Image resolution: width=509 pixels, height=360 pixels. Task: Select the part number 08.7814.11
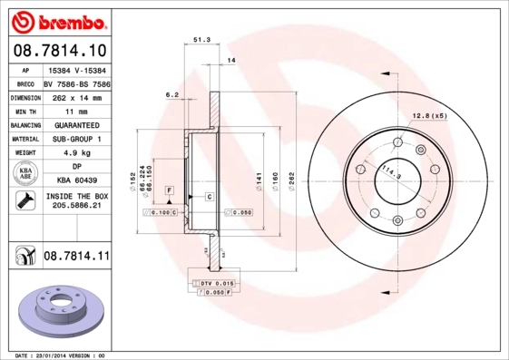pyautogui.click(x=76, y=258)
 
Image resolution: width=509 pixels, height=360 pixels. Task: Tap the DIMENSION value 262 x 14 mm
pyautogui.click(x=76, y=96)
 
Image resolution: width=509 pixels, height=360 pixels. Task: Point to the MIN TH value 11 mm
pyautogui.click(x=76, y=111)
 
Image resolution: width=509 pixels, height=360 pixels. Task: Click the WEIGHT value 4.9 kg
pyautogui.click(x=76, y=154)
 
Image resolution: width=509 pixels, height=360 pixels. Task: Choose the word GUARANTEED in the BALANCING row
pyautogui.click(x=76, y=125)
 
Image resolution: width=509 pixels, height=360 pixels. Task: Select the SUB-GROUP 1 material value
pyautogui.click(x=76, y=140)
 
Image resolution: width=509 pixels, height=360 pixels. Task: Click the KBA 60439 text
pyautogui.click(x=76, y=180)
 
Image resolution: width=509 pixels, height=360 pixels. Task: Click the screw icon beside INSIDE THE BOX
pyautogui.click(x=26, y=201)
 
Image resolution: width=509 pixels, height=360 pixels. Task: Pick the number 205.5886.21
pyautogui.click(x=76, y=208)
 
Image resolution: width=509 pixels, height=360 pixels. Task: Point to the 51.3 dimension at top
pyautogui.click(x=202, y=40)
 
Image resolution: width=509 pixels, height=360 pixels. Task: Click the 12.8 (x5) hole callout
pyautogui.click(x=429, y=117)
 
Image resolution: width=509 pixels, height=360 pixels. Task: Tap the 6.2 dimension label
pyautogui.click(x=171, y=93)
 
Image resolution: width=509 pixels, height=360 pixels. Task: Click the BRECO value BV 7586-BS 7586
pyautogui.click(x=76, y=83)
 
